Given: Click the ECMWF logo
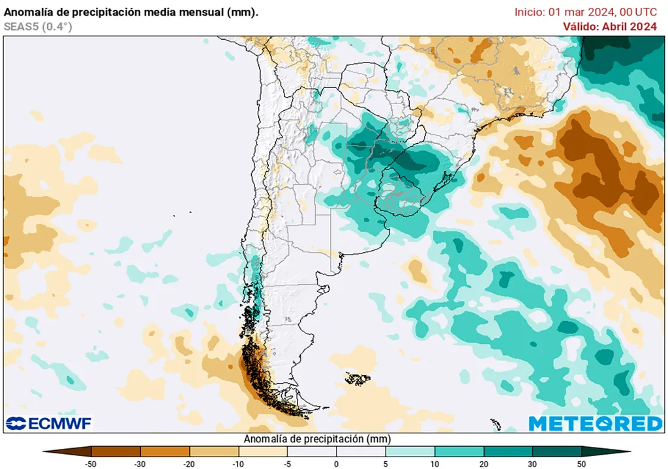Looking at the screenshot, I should click(x=49, y=423).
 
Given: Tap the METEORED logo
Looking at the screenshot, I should click(x=595, y=423).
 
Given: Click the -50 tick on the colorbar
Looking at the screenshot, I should click(x=92, y=464).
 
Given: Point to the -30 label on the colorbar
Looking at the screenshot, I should click(x=140, y=464).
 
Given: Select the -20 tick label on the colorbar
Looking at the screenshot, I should click(x=189, y=464).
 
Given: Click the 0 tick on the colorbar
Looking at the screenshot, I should click(x=337, y=464).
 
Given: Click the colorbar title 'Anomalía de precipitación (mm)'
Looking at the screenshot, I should click(x=317, y=439).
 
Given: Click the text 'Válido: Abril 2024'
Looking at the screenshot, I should click(x=610, y=27).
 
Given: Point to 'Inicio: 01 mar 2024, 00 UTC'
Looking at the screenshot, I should click(x=586, y=12).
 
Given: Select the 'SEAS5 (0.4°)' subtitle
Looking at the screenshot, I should click(x=38, y=27).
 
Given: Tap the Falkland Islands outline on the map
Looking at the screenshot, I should click(x=357, y=378).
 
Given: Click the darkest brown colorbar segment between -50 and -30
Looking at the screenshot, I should click(x=116, y=451).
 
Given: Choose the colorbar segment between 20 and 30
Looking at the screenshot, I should click(x=508, y=451).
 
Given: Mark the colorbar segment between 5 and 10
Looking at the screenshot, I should click(x=410, y=451).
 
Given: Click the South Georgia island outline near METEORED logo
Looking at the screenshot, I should click(x=496, y=425).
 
